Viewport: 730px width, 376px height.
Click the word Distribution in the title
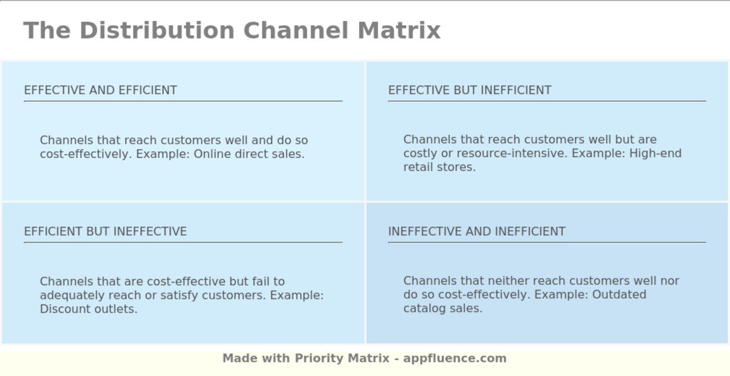[157, 30]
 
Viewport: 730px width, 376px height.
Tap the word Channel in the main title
[296, 30]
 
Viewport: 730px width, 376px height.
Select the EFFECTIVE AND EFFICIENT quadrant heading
[100, 90]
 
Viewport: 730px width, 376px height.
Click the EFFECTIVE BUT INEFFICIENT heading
[469, 90]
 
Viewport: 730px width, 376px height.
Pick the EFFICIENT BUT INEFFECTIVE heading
[105, 232]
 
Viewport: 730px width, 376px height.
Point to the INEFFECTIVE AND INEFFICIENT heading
[477, 232]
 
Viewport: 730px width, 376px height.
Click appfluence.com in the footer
[455, 358]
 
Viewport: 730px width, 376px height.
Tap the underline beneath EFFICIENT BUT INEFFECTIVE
[183, 242]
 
